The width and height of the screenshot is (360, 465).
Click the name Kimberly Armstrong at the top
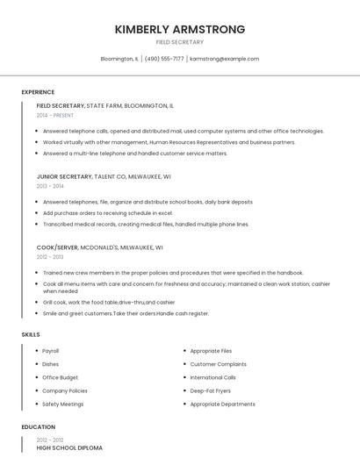(x=179, y=30)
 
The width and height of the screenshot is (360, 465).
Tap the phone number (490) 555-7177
(x=164, y=59)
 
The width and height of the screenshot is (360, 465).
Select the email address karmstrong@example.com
(x=224, y=59)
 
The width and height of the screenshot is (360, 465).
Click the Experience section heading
(x=38, y=92)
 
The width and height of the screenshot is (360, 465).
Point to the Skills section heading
(x=31, y=334)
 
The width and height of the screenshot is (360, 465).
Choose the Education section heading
(x=39, y=427)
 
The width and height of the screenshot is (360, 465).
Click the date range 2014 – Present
(x=55, y=115)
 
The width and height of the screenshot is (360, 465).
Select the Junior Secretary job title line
(x=94, y=176)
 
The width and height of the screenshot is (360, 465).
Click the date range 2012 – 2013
(x=50, y=257)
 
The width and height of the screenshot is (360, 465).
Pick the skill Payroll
(x=51, y=351)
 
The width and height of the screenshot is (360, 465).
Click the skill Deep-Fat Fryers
(x=212, y=390)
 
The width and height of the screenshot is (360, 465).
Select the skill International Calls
(x=212, y=377)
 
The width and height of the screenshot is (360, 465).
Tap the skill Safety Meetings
(x=63, y=404)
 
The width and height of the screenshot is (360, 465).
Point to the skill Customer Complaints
(x=219, y=364)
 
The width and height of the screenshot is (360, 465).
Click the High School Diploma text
(x=69, y=448)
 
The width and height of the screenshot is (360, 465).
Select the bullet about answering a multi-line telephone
(x=135, y=154)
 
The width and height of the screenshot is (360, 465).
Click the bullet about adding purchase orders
(x=108, y=213)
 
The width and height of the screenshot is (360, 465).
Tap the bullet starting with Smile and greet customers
(x=126, y=313)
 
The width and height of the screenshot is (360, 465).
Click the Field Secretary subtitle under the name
(x=179, y=42)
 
